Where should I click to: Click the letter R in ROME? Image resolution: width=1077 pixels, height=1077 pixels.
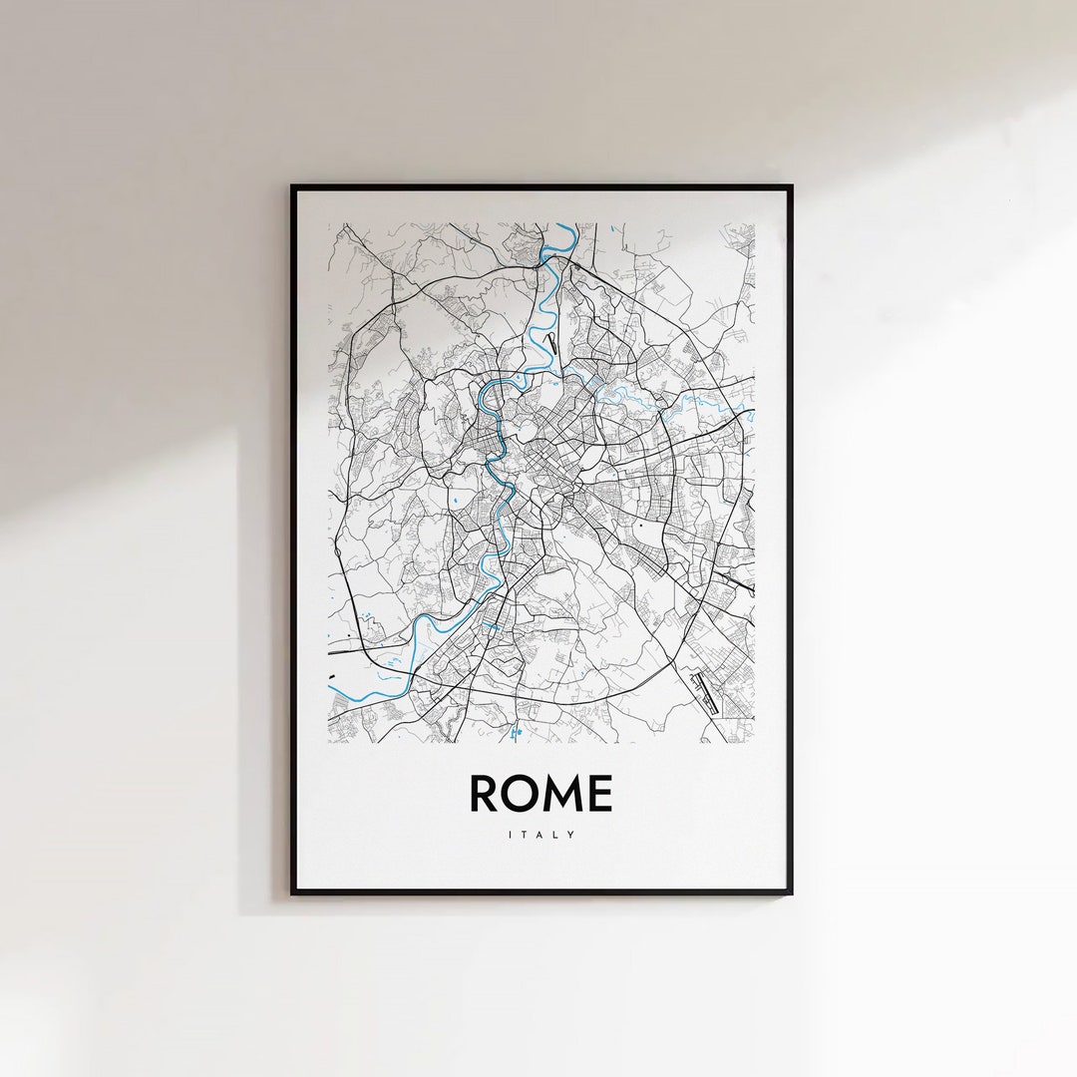[x=486, y=794]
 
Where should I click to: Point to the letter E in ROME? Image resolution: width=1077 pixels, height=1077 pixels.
[x=600, y=794]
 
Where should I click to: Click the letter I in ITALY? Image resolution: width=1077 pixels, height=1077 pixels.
[x=511, y=835]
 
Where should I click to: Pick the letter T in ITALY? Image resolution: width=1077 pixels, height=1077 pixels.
[x=525, y=835]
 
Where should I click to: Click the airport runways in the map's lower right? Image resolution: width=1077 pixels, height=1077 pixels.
[x=704, y=692]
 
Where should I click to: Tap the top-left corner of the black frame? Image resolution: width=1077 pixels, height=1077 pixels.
[x=292, y=186]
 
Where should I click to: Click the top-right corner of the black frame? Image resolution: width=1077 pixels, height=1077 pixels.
[x=791, y=186]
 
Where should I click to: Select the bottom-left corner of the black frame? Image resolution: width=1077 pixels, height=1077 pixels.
[x=292, y=893]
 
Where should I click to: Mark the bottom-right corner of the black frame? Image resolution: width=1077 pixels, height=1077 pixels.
[x=791, y=893]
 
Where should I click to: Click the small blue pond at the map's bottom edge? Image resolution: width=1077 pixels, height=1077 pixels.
[x=516, y=735]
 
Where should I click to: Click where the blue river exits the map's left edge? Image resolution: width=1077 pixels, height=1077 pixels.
[x=330, y=682]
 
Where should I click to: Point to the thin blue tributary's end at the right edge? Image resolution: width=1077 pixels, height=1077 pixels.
[x=752, y=414]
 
